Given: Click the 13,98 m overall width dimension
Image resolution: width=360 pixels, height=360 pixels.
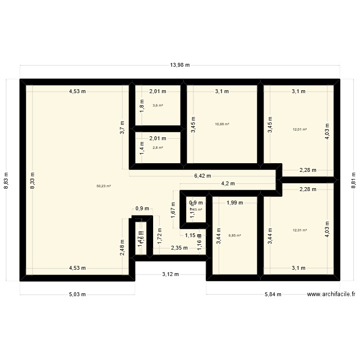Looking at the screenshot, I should (180, 66).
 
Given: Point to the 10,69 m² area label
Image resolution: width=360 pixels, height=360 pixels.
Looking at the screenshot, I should (222, 124).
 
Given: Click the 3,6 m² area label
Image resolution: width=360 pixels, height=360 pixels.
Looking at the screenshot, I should (157, 105).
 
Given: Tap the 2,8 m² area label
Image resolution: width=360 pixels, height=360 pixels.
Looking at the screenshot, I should (157, 147).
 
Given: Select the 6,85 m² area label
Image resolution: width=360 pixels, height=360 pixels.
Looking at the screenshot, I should (235, 236).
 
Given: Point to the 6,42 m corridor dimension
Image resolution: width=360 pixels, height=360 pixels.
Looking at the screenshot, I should (202, 176).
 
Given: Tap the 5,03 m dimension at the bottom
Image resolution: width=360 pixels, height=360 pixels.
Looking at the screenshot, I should (77, 295).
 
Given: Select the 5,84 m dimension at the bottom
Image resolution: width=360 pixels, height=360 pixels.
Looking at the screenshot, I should (273, 295).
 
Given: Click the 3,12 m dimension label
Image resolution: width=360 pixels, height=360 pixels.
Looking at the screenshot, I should (170, 275).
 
